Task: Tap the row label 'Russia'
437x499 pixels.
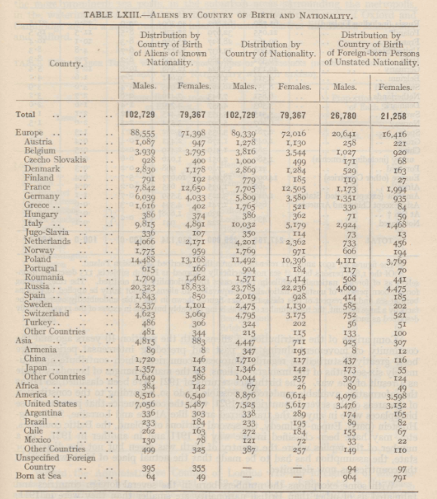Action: (39, 288)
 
